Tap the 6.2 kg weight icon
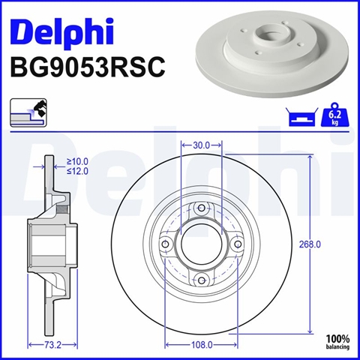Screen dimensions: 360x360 click(x=334, y=115)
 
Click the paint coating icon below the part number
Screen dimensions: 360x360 click(x=28, y=112)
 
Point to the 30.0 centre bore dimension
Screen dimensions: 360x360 click(x=201, y=145)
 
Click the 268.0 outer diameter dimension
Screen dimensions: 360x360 click(x=310, y=244)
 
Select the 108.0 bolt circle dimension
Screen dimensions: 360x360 click(x=202, y=345)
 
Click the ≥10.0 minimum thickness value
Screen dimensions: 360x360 click(x=77, y=162)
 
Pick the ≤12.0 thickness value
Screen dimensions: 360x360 click(x=77, y=172)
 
